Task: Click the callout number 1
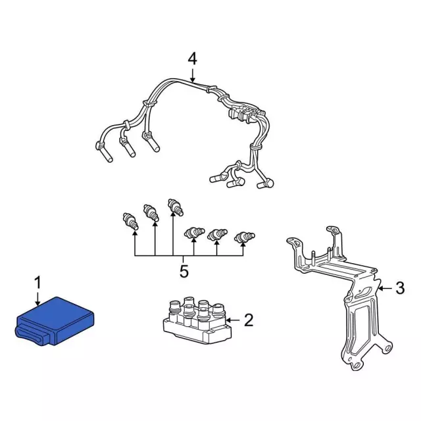(x=37, y=282)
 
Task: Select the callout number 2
(x=248, y=320)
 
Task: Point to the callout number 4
(x=191, y=59)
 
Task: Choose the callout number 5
(x=184, y=270)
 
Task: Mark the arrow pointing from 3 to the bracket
(x=385, y=287)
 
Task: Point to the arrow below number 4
(x=191, y=76)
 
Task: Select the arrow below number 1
(x=37, y=297)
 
